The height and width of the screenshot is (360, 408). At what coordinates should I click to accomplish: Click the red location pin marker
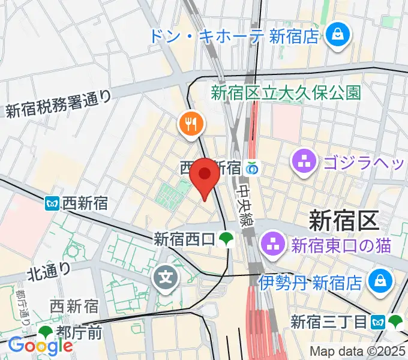(x=205, y=175)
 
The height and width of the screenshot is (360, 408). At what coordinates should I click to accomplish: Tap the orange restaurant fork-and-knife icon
(x=191, y=125)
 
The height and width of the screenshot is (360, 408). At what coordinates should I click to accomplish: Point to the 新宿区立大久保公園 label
(x=286, y=92)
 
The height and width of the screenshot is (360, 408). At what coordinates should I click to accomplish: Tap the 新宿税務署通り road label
(x=59, y=103)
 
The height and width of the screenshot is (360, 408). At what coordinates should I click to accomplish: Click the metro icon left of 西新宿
(x=52, y=204)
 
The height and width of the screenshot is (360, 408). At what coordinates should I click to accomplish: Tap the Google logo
(x=40, y=345)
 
